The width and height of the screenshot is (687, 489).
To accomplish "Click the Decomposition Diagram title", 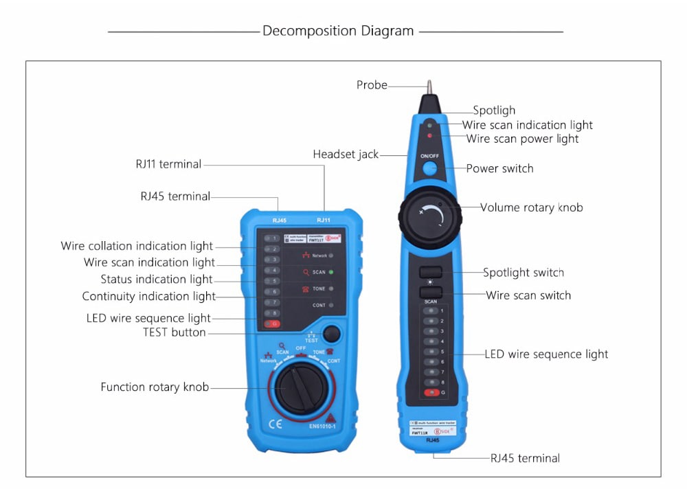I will tap(338, 31).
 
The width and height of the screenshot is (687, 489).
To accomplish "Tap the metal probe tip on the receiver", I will tap(429, 87).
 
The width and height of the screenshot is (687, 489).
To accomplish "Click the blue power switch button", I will tap(429, 169).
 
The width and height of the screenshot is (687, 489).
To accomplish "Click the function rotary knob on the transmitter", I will tap(300, 388).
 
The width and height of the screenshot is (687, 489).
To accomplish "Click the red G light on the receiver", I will tap(431, 392).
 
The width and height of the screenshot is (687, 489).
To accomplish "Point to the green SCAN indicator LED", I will tap(331, 272).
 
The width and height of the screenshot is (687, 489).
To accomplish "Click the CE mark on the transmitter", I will tap(275, 424).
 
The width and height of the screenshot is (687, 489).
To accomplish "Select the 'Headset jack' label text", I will tap(346, 155).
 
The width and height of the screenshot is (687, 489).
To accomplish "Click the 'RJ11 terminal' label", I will tap(168, 164).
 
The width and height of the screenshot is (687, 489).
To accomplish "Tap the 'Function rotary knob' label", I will tap(155, 387).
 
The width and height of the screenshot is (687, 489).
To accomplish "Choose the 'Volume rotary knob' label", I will tap(531, 207).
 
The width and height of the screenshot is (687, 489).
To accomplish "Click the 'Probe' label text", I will tap(372, 85).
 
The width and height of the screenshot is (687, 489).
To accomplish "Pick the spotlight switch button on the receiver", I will tap(430, 272).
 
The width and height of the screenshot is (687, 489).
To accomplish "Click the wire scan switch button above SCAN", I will tap(430, 292).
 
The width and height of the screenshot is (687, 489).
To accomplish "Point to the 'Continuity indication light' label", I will tap(148, 297).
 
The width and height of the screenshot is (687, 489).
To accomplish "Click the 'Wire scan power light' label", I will tap(522, 139).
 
